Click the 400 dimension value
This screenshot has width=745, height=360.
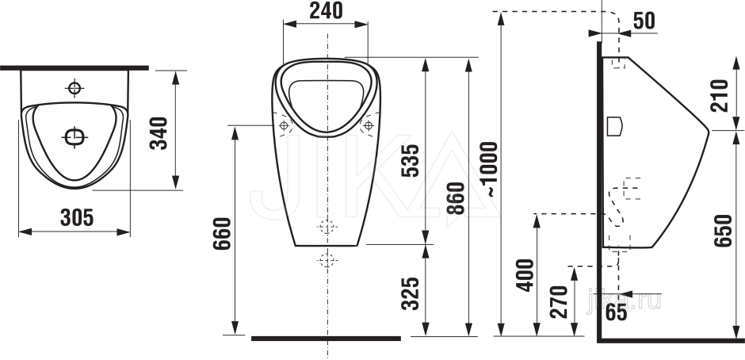pos(524,274)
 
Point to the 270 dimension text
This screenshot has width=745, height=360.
pos(560,301)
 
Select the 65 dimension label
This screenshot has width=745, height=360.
pos(615,312)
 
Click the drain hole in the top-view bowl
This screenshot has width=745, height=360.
pos(74,136)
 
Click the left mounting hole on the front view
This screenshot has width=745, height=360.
pos(283,124)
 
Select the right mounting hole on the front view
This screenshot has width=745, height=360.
pos(367,124)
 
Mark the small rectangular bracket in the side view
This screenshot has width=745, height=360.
pos(615,126)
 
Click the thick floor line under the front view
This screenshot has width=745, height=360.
pos(326,339)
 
